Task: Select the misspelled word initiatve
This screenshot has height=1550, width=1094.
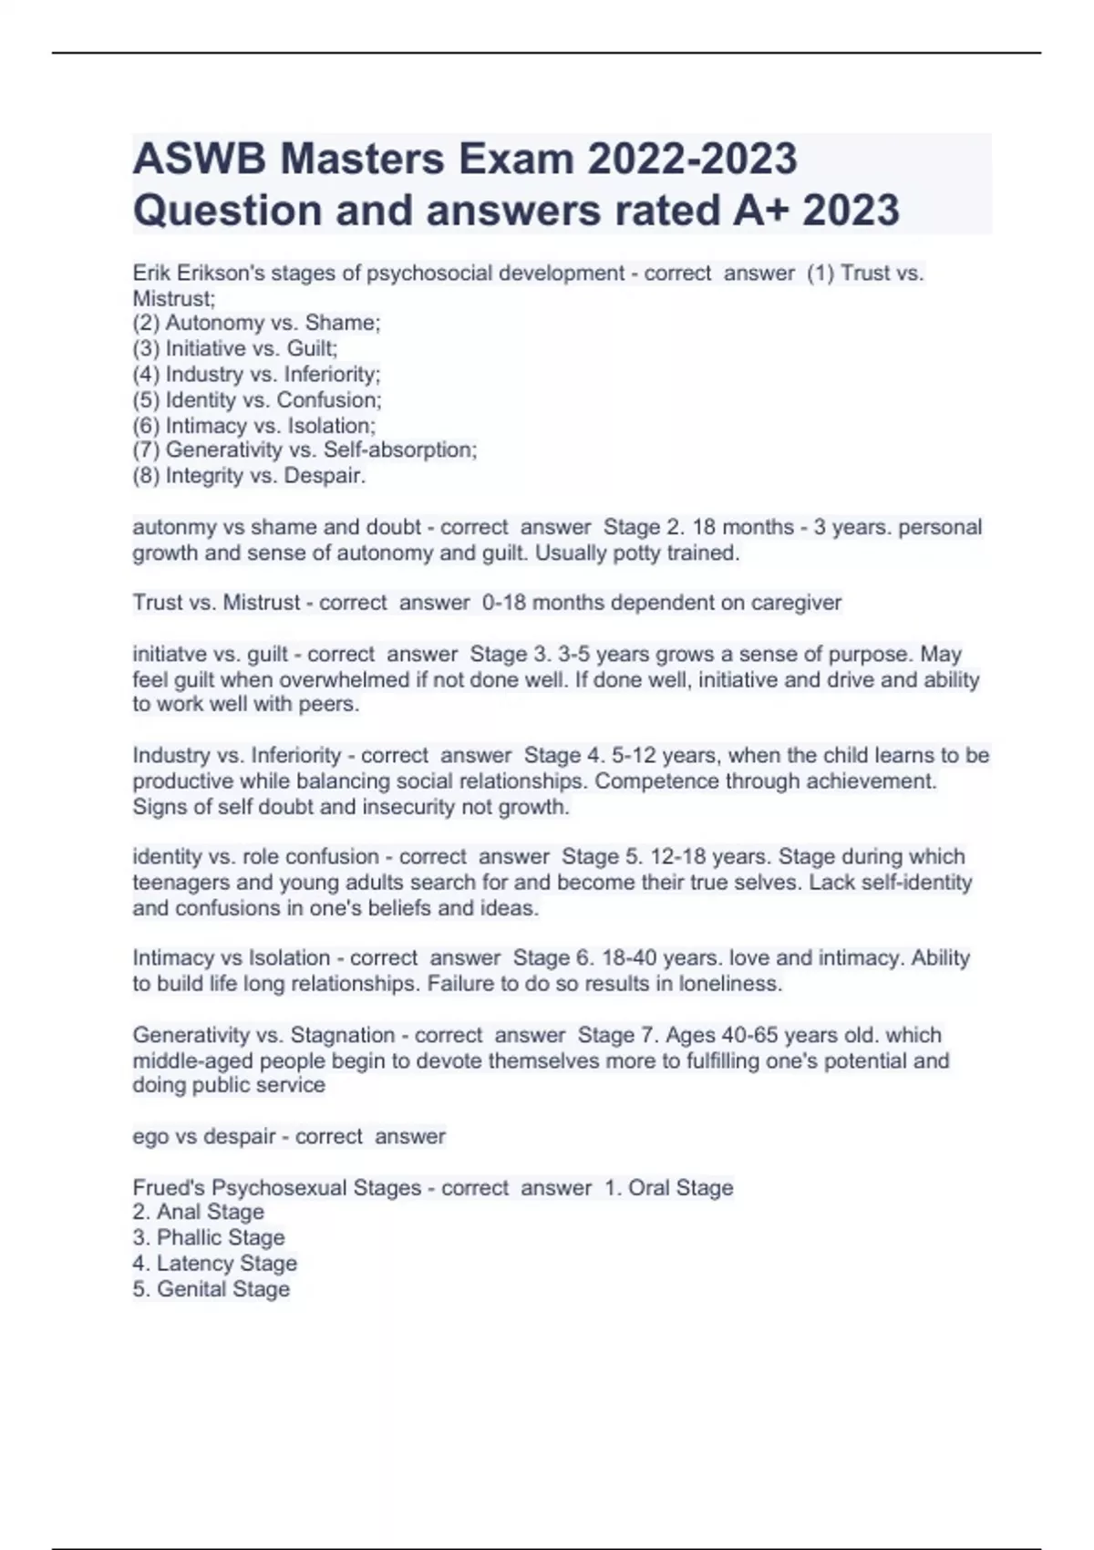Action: click(x=170, y=654)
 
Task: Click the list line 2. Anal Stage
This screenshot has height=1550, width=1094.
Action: click(x=198, y=1212)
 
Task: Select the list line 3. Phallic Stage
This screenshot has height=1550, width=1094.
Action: click(x=209, y=1237)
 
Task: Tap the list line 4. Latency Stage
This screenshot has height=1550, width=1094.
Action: click(x=214, y=1263)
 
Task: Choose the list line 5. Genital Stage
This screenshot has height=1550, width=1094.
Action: click(x=211, y=1288)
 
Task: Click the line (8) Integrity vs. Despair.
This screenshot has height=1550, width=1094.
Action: click(x=249, y=475)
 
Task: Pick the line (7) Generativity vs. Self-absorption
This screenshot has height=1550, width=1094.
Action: click(x=304, y=449)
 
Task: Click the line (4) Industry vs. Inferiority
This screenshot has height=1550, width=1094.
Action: click(x=256, y=374)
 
